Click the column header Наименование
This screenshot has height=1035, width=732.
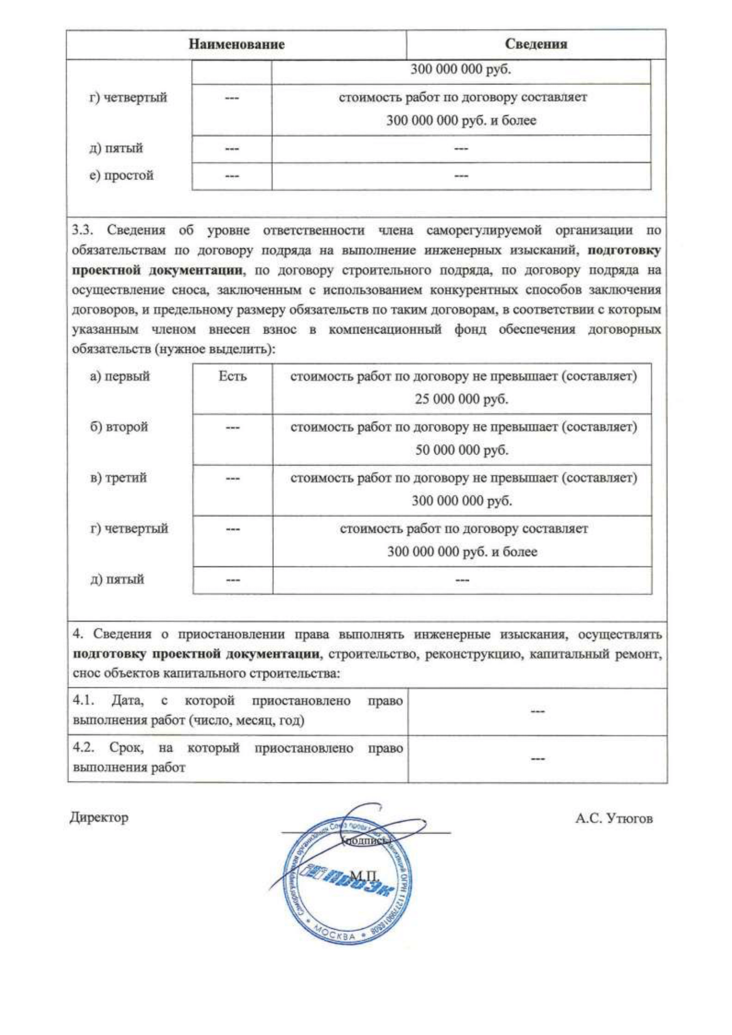(x=237, y=44)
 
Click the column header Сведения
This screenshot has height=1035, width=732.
(x=536, y=44)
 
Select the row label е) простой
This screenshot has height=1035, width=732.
(x=121, y=175)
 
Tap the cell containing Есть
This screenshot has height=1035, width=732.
(x=233, y=376)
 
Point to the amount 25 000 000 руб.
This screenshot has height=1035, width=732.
(x=462, y=400)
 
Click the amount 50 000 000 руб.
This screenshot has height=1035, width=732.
(x=462, y=450)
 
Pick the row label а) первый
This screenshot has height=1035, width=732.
(x=119, y=376)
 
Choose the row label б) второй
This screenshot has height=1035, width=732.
(x=119, y=427)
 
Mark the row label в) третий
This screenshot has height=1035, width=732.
(x=118, y=477)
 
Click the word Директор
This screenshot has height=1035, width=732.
(x=99, y=817)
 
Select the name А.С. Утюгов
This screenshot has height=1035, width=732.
(x=613, y=819)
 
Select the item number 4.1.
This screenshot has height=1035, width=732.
(x=84, y=701)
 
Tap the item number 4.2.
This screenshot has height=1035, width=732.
(x=84, y=749)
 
